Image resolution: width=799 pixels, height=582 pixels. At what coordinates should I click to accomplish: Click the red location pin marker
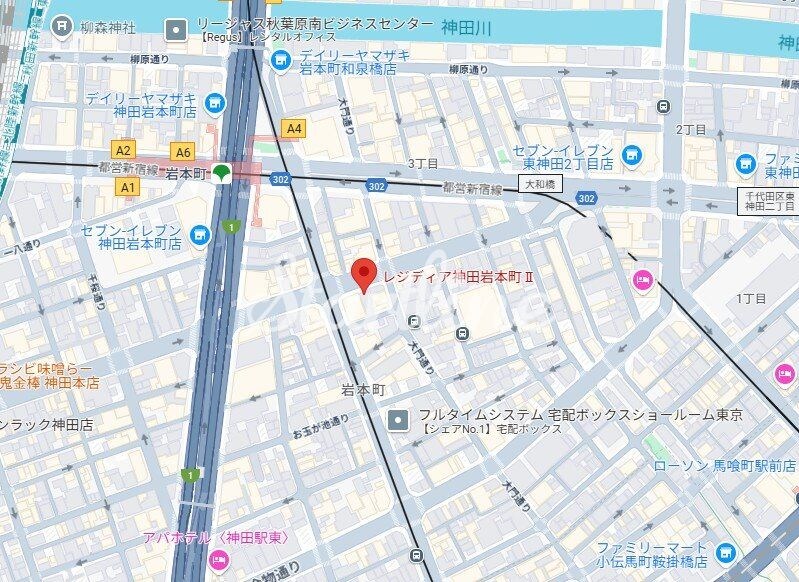point(364,274)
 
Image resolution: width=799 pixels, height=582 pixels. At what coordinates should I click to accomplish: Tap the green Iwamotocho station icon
point(223,174)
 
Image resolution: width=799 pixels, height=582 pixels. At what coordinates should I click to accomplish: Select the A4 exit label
point(293,128)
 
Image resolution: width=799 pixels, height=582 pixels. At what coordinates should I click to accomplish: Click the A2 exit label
point(124,150)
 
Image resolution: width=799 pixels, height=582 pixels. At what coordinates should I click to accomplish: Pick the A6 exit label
point(181,152)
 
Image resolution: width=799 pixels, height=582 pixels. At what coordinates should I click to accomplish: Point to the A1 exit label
point(127,186)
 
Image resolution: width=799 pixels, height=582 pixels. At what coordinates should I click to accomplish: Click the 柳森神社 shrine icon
point(62,23)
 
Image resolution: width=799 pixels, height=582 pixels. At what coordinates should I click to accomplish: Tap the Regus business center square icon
point(178,29)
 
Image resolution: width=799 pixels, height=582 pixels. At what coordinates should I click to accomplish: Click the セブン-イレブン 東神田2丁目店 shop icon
point(631,153)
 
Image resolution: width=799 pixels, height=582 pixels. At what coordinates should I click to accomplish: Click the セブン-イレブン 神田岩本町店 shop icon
point(201,235)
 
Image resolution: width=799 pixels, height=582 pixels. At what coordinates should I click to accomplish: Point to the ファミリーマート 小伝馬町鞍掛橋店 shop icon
point(726,552)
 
